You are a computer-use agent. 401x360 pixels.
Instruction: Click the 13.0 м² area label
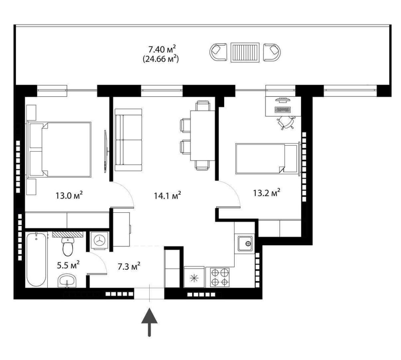[69, 195]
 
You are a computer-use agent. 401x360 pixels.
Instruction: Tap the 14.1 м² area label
[168, 195]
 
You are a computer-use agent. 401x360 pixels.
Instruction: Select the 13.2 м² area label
[267, 192]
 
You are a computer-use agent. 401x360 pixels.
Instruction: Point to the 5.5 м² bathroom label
[68, 265]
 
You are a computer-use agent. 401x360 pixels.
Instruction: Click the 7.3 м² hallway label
[129, 266]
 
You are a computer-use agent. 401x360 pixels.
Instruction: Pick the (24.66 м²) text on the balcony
[161, 59]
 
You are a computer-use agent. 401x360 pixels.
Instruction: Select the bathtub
[36, 259]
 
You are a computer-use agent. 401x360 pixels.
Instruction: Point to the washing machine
[99, 240]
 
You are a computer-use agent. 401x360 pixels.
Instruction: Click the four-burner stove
[220, 277]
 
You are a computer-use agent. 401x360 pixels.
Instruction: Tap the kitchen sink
[245, 243]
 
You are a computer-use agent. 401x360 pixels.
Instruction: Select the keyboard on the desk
[282, 110]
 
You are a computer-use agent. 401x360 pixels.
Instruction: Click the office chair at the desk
[286, 122]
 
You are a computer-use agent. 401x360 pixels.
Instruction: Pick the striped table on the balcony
[245, 52]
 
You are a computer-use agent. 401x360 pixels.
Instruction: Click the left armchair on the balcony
[218, 52]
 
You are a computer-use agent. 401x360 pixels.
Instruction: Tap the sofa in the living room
[128, 140]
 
